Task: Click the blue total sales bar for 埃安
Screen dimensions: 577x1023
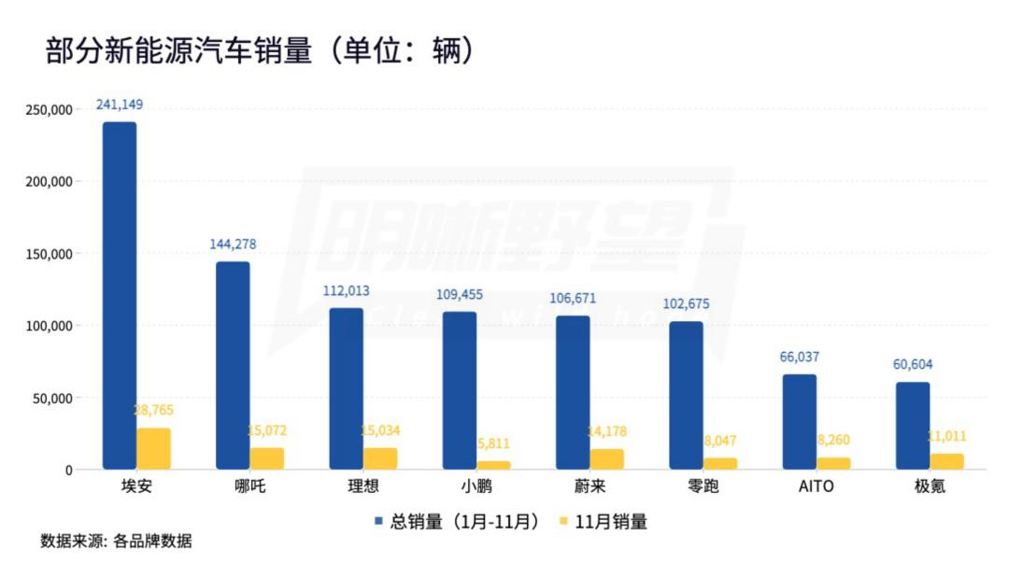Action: [x=120, y=295]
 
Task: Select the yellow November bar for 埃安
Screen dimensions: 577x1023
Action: [x=154, y=448]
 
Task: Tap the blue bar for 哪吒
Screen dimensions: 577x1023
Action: [x=233, y=365]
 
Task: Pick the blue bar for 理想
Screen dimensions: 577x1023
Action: [x=346, y=388]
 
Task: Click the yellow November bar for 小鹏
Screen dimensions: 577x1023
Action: [x=493, y=464]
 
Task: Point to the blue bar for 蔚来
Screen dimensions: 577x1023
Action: [x=573, y=392]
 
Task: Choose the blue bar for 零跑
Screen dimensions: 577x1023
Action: [x=686, y=395]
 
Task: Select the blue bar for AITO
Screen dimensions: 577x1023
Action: [x=799, y=421]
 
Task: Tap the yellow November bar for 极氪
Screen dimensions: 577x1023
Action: [x=946, y=461]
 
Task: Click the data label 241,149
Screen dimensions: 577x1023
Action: [x=120, y=105]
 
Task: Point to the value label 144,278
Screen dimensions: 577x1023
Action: [x=233, y=245]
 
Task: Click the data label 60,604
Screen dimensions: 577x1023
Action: [x=913, y=364]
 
